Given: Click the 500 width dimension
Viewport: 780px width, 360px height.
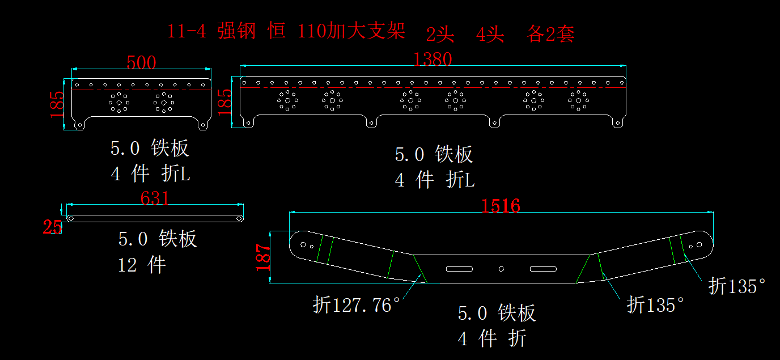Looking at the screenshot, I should [x=141, y=62].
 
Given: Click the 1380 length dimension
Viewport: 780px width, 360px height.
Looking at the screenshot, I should [x=433, y=59].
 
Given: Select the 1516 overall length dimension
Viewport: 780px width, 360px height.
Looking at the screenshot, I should [x=501, y=205].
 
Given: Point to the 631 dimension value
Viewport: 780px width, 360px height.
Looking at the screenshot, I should [x=155, y=198].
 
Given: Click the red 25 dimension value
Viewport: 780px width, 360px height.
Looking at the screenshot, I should [x=52, y=227].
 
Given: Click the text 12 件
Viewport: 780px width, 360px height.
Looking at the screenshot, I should [x=142, y=264].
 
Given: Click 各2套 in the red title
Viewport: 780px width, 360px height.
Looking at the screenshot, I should [x=550, y=35].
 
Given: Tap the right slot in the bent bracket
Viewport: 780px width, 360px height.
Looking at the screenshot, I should [x=543, y=268].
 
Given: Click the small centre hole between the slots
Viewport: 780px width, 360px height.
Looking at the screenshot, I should [x=501, y=268].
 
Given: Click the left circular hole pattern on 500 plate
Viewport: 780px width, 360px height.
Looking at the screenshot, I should [x=119, y=103].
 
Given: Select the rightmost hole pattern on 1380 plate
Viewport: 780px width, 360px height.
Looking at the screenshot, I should [x=578, y=100].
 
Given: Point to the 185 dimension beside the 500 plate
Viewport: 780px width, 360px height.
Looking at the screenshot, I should [x=57, y=104].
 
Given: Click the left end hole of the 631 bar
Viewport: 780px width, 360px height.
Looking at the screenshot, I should [x=71, y=218].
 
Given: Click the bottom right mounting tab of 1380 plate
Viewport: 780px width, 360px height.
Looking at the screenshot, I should [x=618, y=122].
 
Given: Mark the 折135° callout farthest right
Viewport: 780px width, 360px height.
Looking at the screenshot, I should [x=737, y=286].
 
